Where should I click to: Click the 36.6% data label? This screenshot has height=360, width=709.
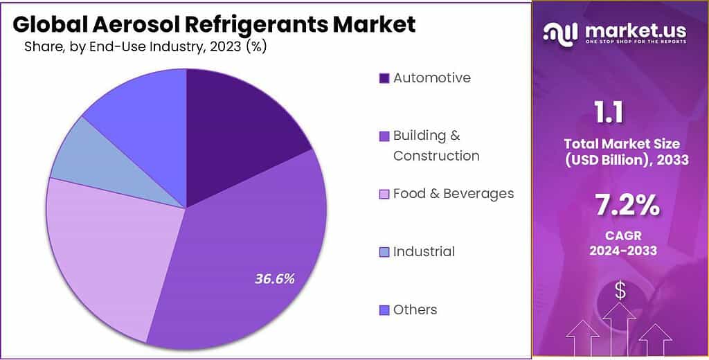[x=275, y=279]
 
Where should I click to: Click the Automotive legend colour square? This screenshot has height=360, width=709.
[x=384, y=78]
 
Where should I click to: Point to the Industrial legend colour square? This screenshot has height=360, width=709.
[x=384, y=252]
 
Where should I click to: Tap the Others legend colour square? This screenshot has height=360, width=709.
[x=384, y=310]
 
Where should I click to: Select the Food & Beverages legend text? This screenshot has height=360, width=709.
[x=454, y=193]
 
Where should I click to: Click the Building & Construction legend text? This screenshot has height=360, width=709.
[x=436, y=145]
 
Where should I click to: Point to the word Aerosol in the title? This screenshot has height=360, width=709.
[x=127, y=24]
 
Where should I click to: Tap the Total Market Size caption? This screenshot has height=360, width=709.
[x=621, y=152]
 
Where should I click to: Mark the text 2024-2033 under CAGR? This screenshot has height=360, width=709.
[x=621, y=251]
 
